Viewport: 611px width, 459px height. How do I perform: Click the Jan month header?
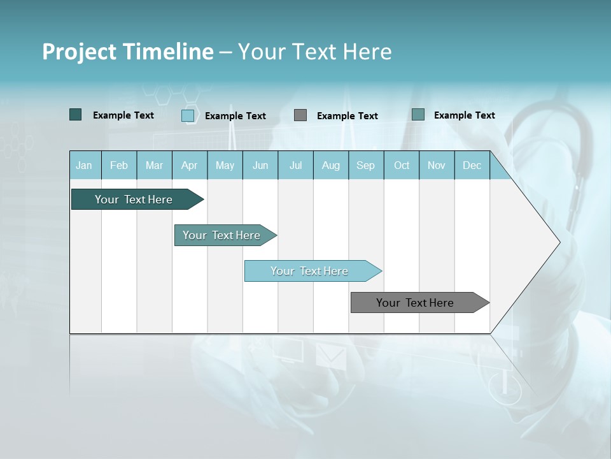[84, 165]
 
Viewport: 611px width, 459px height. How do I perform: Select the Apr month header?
[189, 165]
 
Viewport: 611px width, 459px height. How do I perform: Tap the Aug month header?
[330, 165]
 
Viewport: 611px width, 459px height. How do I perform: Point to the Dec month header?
[472, 165]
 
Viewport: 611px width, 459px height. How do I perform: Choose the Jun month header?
[260, 165]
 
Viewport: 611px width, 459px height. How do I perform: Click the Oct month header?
[402, 165]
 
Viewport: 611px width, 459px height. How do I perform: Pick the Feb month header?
[119, 165]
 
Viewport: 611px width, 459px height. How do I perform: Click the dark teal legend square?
[76, 115]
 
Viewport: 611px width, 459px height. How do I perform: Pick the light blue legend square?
[188, 115]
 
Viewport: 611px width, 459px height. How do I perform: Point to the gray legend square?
[300, 115]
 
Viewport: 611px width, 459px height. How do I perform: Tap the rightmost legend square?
[418, 115]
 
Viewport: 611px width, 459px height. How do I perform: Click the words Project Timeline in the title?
[127, 52]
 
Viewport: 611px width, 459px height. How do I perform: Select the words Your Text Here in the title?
[315, 52]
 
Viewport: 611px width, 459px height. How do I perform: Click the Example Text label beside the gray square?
[347, 116]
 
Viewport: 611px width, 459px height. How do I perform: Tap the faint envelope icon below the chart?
[330, 355]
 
